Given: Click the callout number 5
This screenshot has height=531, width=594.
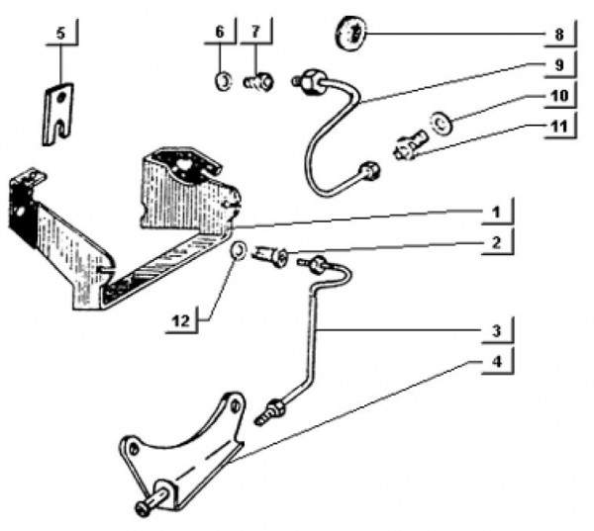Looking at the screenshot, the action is click(60, 34).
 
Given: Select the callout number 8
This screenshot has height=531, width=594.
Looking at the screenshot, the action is click(559, 36).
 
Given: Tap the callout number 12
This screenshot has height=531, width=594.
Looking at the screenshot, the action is click(181, 321).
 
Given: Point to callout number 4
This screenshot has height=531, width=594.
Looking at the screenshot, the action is click(496, 362).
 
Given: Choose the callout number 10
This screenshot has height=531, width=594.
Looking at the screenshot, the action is click(559, 96).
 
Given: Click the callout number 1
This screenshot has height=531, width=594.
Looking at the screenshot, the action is click(497, 213).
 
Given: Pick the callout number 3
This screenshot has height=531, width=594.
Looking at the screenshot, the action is click(496, 331).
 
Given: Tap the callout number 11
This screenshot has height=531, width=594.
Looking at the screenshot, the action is click(559, 127).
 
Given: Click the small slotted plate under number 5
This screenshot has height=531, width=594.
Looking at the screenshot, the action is click(57, 114).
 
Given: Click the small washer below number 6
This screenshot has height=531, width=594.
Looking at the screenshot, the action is click(223, 81).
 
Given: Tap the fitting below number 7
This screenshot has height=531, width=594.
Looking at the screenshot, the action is click(257, 82).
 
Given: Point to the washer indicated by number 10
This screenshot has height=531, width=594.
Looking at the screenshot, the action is click(441, 124).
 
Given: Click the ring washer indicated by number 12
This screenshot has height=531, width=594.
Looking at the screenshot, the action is click(239, 250).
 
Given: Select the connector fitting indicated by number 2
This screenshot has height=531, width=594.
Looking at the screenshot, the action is click(271, 257).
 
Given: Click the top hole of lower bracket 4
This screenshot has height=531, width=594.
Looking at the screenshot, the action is click(237, 406).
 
